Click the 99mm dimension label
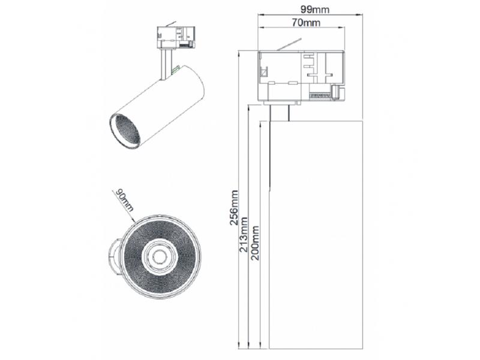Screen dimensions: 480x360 pyautogui.click(x=314, y=10)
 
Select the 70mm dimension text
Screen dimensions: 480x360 pyautogui.click(x=306, y=22)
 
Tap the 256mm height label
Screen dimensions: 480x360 pyautogui.click(x=234, y=208)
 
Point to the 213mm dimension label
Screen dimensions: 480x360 pyautogui.click(x=244, y=235)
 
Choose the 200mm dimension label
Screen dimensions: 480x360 pyautogui.click(x=255, y=243)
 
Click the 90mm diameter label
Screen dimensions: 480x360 pyautogui.click(x=125, y=200)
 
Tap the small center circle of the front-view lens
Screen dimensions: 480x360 pyautogui.click(x=159, y=257)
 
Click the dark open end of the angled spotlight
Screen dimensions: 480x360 pyautogui.click(x=125, y=130)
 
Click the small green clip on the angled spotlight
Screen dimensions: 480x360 pyautogui.click(x=176, y=70)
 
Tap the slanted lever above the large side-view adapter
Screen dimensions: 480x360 pyautogui.click(x=289, y=44)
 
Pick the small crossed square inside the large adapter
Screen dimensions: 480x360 pyautogui.click(x=263, y=73)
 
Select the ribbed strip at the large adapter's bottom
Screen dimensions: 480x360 pyautogui.click(x=320, y=96)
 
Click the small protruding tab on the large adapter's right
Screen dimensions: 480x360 pyautogui.click(x=338, y=92)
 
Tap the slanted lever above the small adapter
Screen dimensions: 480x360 pyautogui.click(x=171, y=23)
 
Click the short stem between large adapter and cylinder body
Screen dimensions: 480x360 pyautogui.click(x=279, y=113)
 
